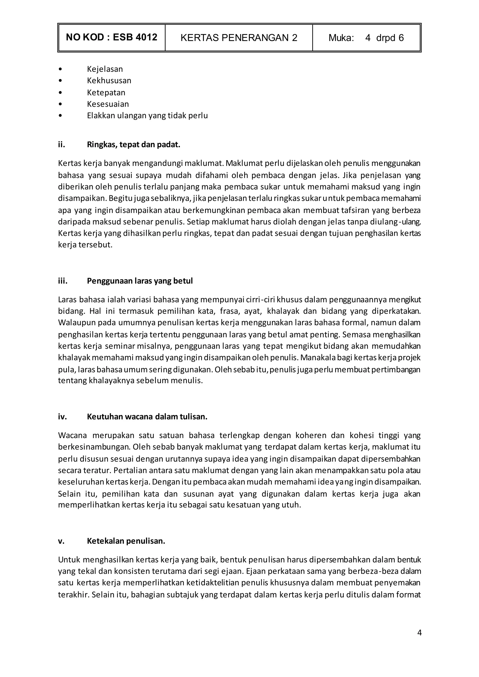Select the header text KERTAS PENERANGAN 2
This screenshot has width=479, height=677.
[239, 38]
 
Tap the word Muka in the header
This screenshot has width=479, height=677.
[341, 38]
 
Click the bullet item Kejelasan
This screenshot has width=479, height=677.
[105, 69]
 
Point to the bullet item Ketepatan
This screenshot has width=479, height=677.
[106, 93]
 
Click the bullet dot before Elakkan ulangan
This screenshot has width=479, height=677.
[61, 116]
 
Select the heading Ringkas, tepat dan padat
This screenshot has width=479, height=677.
[133, 145]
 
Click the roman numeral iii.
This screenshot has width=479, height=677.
[62, 281]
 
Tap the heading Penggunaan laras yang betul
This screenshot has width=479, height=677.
[140, 281]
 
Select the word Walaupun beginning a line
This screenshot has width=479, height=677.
[77, 323]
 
